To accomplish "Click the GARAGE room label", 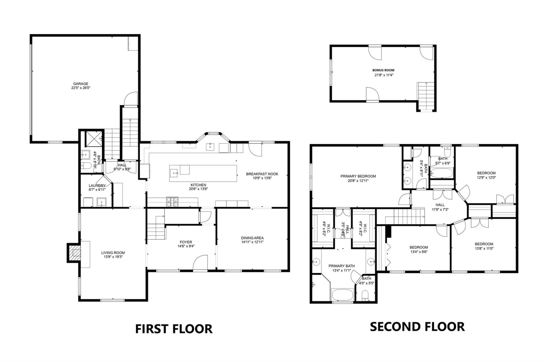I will click(81, 84).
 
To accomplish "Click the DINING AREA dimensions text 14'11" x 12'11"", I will click(252, 242).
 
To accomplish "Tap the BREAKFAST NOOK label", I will click(262, 174).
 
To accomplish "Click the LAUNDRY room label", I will click(97, 186).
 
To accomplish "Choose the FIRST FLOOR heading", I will click(174, 329).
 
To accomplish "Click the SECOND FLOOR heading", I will click(417, 327).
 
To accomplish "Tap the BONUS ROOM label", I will click(383, 70).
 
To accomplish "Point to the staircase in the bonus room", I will click(426, 96).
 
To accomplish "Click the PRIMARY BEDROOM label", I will click(358, 176).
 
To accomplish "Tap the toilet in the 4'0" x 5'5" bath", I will click(365, 297).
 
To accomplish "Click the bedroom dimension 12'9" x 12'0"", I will click(486, 178).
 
